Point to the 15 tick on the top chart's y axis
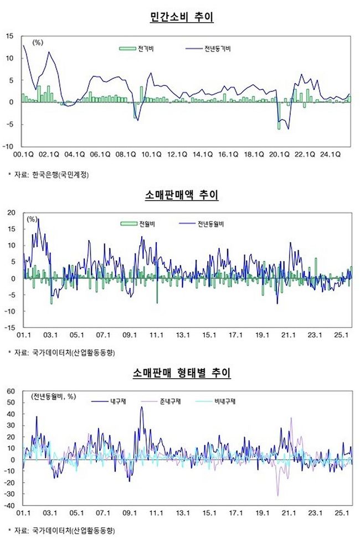9,36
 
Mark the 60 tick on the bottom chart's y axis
10,391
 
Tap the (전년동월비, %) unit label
54,396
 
